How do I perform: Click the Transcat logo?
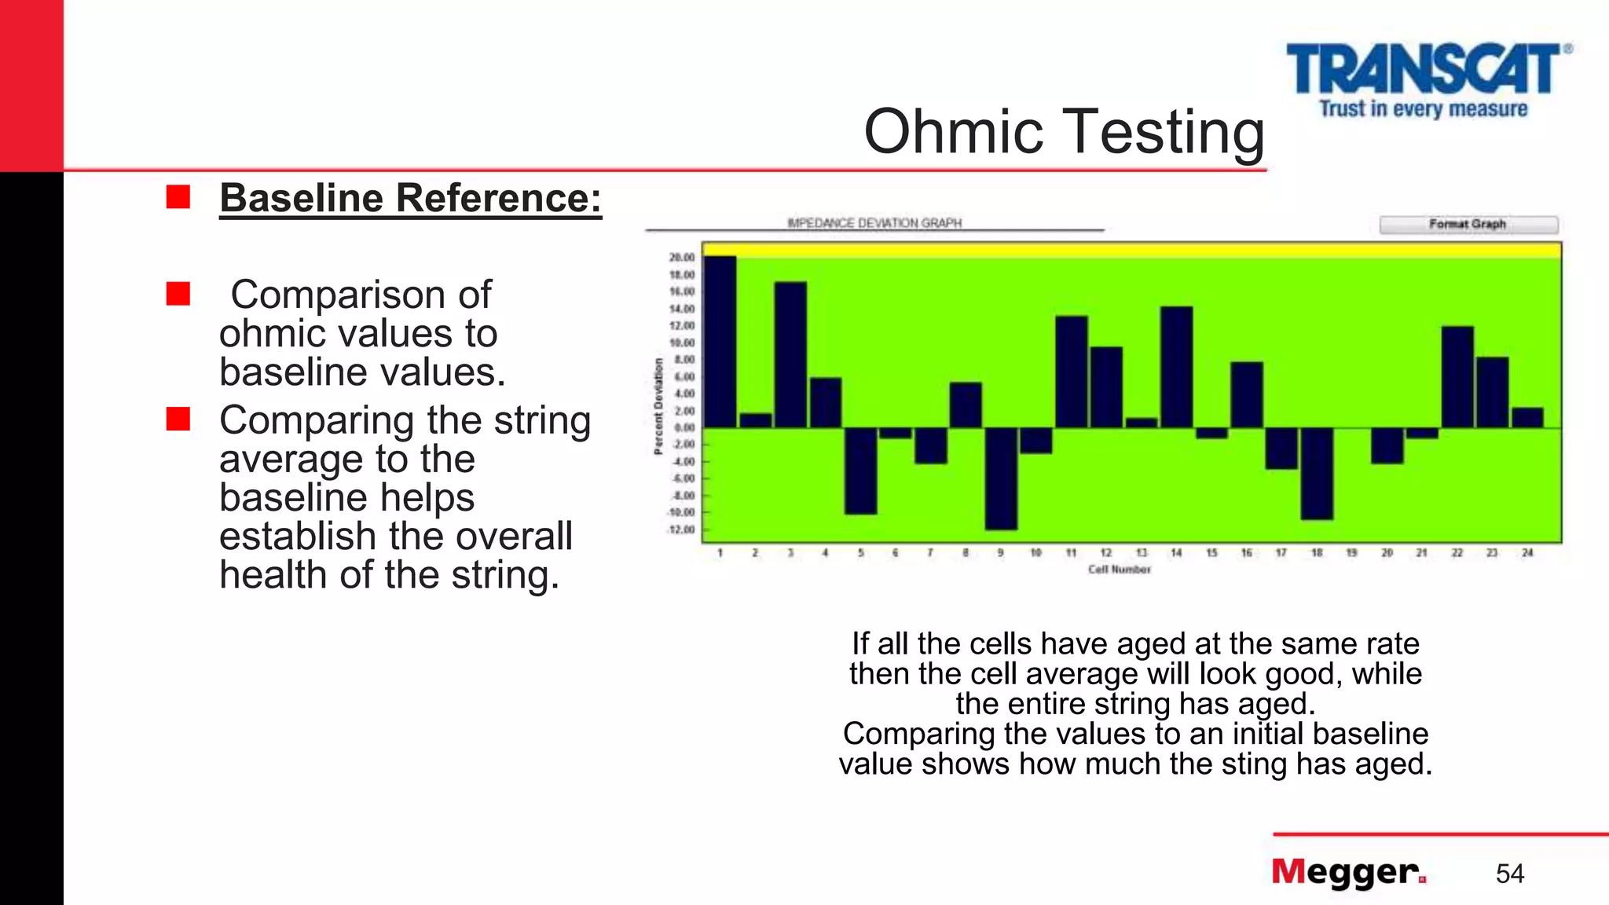click(1426, 79)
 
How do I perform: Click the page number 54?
click(1509, 874)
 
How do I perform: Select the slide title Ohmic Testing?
click(1064, 131)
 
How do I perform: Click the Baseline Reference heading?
click(410, 198)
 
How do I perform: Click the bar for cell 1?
click(720, 342)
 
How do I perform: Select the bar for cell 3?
click(790, 355)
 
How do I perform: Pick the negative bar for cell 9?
click(1001, 478)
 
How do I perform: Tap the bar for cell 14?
click(1176, 367)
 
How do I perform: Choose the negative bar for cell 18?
click(1317, 473)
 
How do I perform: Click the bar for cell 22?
click(1457, 377)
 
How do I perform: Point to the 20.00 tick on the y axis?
click(682, 258)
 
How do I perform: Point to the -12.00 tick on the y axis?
click(682, 529)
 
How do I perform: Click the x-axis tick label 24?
click(1527, 553)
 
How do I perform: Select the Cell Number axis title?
click(1119, 570)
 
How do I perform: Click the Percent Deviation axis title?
click(658, 406)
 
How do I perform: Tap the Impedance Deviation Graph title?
click(874, 223)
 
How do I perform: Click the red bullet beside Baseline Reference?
click(178, 197)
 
